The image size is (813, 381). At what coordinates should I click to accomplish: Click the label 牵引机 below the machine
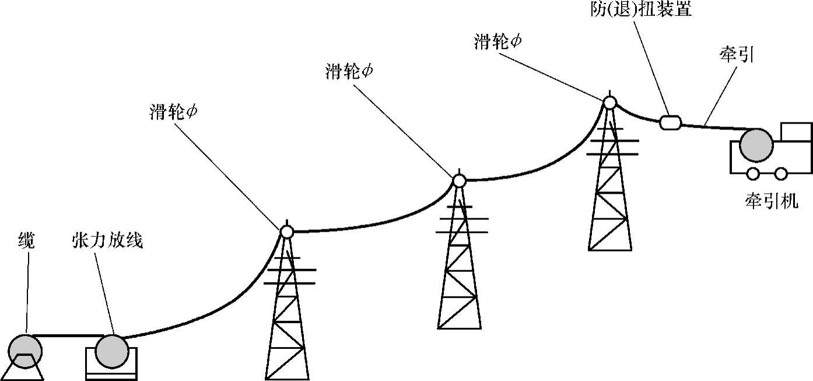(x=771, y=201)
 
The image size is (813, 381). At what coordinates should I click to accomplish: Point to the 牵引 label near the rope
(x=738, y=57)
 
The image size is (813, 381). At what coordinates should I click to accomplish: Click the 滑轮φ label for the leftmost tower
(x=173, y=112)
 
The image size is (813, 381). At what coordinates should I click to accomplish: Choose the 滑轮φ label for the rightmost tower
(x=497, y=42)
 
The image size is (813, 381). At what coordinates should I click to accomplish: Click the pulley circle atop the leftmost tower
(x=286, y=232)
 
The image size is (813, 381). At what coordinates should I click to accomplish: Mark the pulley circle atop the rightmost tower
(x=609, y=103)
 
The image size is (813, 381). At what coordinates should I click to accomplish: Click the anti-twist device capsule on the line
(x=670, y=122)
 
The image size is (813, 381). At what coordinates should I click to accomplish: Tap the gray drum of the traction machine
(x=756, y=145)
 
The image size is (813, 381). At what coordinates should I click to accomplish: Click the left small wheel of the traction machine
(x=752, y=173)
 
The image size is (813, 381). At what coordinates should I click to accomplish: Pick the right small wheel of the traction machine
(x=781, y=173)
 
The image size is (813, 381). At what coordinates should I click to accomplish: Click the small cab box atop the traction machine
(x=796, y=132)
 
